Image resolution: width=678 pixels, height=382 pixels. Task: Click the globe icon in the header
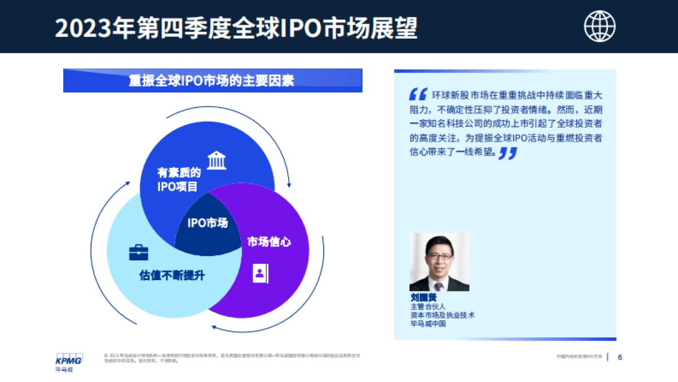(x=599, y=26)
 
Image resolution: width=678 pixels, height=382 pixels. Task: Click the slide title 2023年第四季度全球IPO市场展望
(x=236, y=28)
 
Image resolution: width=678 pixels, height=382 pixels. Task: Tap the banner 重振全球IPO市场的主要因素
(x=212, y=80)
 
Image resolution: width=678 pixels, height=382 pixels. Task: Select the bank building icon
(x=216, y=160)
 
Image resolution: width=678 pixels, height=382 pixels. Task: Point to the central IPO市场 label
(x=207, y=223)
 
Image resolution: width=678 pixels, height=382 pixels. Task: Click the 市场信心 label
(x=270, y=242)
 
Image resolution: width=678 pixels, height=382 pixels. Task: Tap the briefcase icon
(x=138, y=252)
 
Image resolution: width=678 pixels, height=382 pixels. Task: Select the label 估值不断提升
(x=171, y=276)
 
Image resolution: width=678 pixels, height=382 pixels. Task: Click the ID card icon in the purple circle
(x=260, y=274)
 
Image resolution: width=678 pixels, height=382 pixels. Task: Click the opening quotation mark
(x=418, y=95)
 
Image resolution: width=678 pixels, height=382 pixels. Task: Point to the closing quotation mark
(x=508, y=153)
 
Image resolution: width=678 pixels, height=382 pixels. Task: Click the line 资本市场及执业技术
(x=442, y=315)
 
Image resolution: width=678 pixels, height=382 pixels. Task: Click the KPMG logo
(x=68, y=360)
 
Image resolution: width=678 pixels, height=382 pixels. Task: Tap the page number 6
(x=620, y=357)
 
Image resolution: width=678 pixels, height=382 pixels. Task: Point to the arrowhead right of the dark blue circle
(x=290, y=184)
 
